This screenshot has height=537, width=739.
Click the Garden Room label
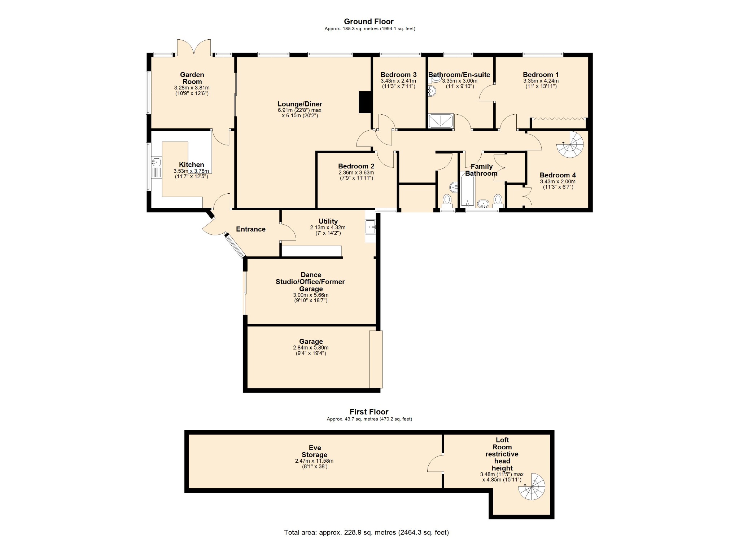point(192,78)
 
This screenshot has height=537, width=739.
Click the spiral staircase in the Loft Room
point(532,487)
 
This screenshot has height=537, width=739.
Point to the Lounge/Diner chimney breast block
point(365,102)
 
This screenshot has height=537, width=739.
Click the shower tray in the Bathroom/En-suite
point(441,121)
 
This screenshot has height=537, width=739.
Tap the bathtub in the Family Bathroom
point(468,189)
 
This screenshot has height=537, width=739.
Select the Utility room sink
point(370,227)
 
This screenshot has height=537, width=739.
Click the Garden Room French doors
point(194,48)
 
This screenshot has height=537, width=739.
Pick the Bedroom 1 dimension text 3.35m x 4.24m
point(541,81)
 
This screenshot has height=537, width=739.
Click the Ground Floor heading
point(368,22)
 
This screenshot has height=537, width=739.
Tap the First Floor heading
point(369,412)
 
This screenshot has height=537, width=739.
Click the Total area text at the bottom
point(366,532)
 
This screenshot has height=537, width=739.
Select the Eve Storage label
point(315,451)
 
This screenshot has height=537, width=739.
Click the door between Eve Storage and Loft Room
point(436,463)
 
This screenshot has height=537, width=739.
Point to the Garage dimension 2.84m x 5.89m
point(311,348)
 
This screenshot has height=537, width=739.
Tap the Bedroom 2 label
point(356,166)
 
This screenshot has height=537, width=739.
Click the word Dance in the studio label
point(311,275)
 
